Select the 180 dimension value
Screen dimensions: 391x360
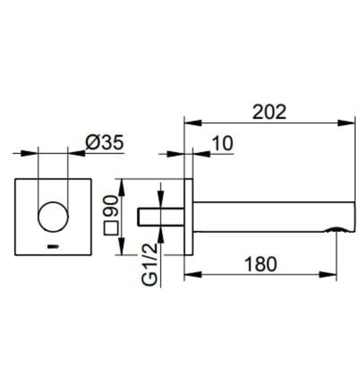pyautogui.click(x=260, y=264)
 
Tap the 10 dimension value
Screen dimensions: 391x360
pyautogui.click(x=222, y=144)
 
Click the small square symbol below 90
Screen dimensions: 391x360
pyautogui.click(x=112, y=228)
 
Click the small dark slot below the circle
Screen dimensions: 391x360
pyautogui.click(x=53, y=245)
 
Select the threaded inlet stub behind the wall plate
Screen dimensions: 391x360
pyautogui.click(x=161, y=217)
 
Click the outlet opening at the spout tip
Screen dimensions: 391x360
pyautogui.click(x=337, y=229)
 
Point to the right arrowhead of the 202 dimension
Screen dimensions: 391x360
pyautogui.click(x=350, y=121)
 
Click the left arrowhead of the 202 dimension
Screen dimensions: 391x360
pyautogui.click(x=190, y=121)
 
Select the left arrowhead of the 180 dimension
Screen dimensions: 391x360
pyautogui.click(x=190, y=274)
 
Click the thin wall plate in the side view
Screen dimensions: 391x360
pyautogui.click(x=189, y=217)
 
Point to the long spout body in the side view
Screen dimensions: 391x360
pyautogui.click(x=273, y=217)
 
